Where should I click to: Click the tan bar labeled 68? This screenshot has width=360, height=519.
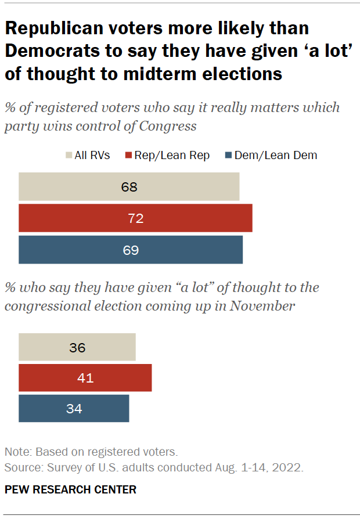coord(129,187)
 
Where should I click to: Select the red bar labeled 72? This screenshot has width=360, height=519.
coord(135,218)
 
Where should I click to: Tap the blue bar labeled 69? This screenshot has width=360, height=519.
coord(131,250)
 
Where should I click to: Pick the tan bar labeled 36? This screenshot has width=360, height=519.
coord(77,348)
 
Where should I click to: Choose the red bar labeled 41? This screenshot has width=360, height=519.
coord(85,379)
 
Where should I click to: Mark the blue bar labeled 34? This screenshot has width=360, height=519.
coord(74,408)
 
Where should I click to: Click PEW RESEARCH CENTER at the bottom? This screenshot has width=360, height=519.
coord(70,489)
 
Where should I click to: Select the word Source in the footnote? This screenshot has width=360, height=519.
coord(21,467)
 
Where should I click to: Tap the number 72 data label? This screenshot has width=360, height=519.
coord(135,218)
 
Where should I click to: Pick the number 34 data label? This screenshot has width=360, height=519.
coord(74,408)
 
